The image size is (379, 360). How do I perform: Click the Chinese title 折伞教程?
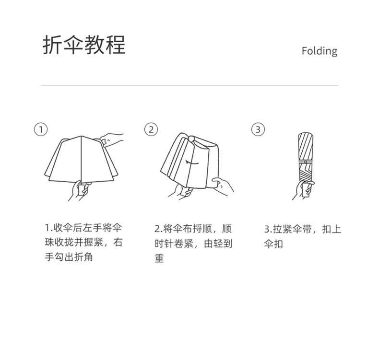point(84,45)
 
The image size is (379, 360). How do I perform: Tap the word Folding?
point(320,51)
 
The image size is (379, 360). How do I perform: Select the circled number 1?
point(41,129)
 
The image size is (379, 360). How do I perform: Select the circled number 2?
point(151,129)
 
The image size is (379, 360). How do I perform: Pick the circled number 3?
point(258,129)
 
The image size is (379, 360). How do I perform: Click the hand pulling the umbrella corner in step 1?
point(111,139)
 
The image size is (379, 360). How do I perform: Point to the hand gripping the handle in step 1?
point(80,190)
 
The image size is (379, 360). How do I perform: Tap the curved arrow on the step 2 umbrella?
point(192,163)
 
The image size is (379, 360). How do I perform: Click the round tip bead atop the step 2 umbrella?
point(191,139)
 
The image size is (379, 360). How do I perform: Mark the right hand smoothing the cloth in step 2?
point(223,186)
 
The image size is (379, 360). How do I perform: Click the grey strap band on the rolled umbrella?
point(306,162)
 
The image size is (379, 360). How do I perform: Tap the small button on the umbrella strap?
point(306,162)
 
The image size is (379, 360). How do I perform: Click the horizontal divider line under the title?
point(189,85)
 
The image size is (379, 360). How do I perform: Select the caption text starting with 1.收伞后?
point(83,242)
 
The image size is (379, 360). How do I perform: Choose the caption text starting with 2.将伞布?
point(193,244)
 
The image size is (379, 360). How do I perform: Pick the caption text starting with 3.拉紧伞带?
point(302,236)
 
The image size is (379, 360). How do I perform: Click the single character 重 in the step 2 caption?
point(159,258)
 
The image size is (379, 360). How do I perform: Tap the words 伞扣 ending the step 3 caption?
point(273,244)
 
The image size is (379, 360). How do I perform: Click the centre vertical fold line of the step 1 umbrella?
point(81,159)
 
